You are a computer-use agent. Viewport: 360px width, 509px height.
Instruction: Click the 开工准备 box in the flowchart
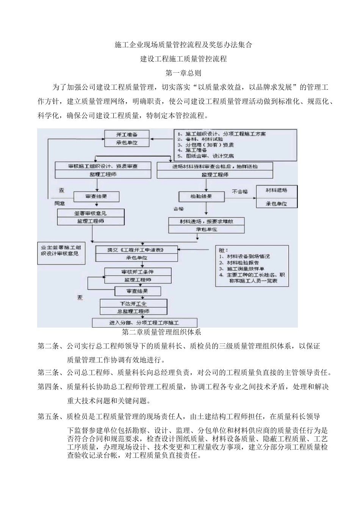coord(127,135)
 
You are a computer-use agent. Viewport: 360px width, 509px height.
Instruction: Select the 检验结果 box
coord(201,197)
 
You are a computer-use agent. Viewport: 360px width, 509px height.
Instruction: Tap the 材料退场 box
coord(277,190)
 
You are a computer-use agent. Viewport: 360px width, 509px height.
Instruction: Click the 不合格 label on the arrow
coord(240,192)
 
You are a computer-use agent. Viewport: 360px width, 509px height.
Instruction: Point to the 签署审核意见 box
coord(91,213)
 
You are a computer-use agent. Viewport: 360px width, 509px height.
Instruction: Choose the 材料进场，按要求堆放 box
coord(207,221)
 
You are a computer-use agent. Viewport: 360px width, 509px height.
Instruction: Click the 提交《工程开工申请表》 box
coord(136,250)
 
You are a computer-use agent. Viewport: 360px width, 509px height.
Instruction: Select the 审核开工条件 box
coord(138,272)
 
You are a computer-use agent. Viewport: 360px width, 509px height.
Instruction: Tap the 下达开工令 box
coord(133,303)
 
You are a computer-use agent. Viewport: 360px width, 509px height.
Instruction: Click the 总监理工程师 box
coord(133,311)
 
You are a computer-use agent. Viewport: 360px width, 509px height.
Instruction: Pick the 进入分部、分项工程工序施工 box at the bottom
coord(144,323)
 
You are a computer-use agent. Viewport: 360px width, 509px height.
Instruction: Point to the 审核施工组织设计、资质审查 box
coord(103,166)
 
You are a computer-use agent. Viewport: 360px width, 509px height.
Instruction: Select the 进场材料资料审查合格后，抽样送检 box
coord(215,166)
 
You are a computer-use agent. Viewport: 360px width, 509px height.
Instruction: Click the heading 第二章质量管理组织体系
coord(161,333)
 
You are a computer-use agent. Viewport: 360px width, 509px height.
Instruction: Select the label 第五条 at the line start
coord(48,417)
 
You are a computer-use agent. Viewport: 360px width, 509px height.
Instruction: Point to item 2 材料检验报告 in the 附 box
coord(243,262)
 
